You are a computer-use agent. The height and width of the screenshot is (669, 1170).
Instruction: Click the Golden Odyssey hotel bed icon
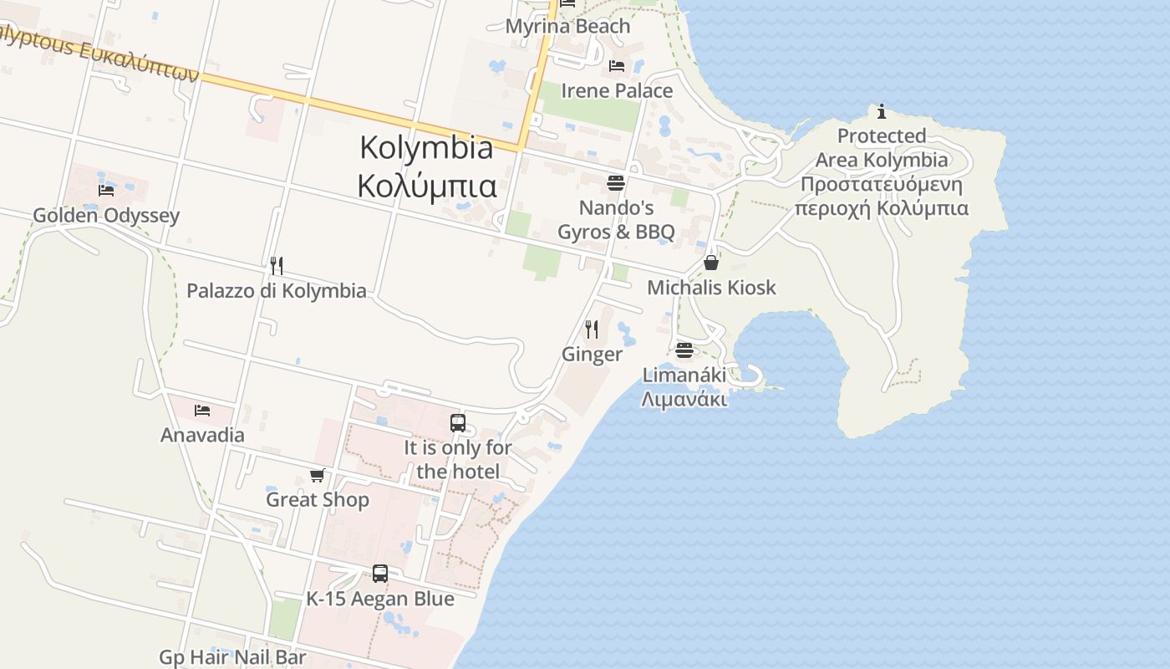[106, 191]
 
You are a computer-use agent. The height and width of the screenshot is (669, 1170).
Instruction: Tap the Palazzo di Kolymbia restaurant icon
[277, 266]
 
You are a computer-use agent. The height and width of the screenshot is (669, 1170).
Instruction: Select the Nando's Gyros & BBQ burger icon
[616, 182]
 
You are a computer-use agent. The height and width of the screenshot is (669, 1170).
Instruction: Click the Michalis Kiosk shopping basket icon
[711, 263]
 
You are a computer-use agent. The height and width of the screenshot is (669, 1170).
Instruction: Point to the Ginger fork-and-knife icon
[592, 329]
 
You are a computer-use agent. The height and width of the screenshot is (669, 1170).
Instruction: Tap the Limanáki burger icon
[684, 350]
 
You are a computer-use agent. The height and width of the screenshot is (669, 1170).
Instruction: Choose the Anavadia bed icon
[202, 411]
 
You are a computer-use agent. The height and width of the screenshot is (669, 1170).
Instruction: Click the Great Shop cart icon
[317, 475]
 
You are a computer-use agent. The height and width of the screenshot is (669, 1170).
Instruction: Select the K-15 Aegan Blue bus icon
[380, 574]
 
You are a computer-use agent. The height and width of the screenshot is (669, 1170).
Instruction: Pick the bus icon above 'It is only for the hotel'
[458, 423]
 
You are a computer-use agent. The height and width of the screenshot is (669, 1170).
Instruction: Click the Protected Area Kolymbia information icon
[882, 111]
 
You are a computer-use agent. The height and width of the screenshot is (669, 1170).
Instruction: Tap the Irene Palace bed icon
[617, 66]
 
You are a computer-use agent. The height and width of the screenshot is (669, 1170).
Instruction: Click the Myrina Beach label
[567, 26]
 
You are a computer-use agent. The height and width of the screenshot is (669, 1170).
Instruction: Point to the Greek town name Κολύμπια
[427, 186]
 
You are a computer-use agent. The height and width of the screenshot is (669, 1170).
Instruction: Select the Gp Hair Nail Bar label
[232, 657]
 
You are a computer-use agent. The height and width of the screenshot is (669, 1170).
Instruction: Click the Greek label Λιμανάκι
[684, 399]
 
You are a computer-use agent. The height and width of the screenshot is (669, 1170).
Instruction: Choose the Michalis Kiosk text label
[711, 288]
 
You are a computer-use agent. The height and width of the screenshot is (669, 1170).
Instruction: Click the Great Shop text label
[317, 500]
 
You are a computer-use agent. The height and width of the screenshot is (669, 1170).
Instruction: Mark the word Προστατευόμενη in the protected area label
[881, 184]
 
